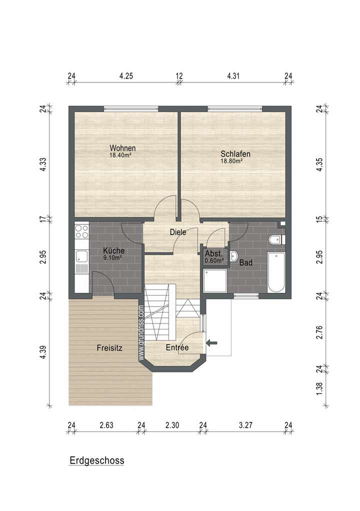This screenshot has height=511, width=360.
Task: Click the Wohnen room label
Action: (123, 148)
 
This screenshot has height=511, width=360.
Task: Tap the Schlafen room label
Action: (235, 154)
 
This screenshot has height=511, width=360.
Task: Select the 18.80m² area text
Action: (231, 161)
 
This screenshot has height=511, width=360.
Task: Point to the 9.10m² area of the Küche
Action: (113, 258)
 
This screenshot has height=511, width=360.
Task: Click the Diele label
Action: (178, 232)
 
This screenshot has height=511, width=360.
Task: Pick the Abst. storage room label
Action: (214, 253)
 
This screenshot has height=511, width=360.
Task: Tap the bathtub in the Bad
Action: (276, 272)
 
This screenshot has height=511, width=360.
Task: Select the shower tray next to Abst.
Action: (215, 282)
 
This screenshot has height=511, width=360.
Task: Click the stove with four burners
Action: (81, 231)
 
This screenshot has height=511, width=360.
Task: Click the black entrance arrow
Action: (212, 342)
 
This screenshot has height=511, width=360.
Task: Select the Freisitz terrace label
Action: (110, 348)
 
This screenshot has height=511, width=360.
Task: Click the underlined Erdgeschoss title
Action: (96, 460)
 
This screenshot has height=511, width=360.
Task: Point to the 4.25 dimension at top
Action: (126, 76)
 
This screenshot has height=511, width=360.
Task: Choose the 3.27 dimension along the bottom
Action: (245, 425)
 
